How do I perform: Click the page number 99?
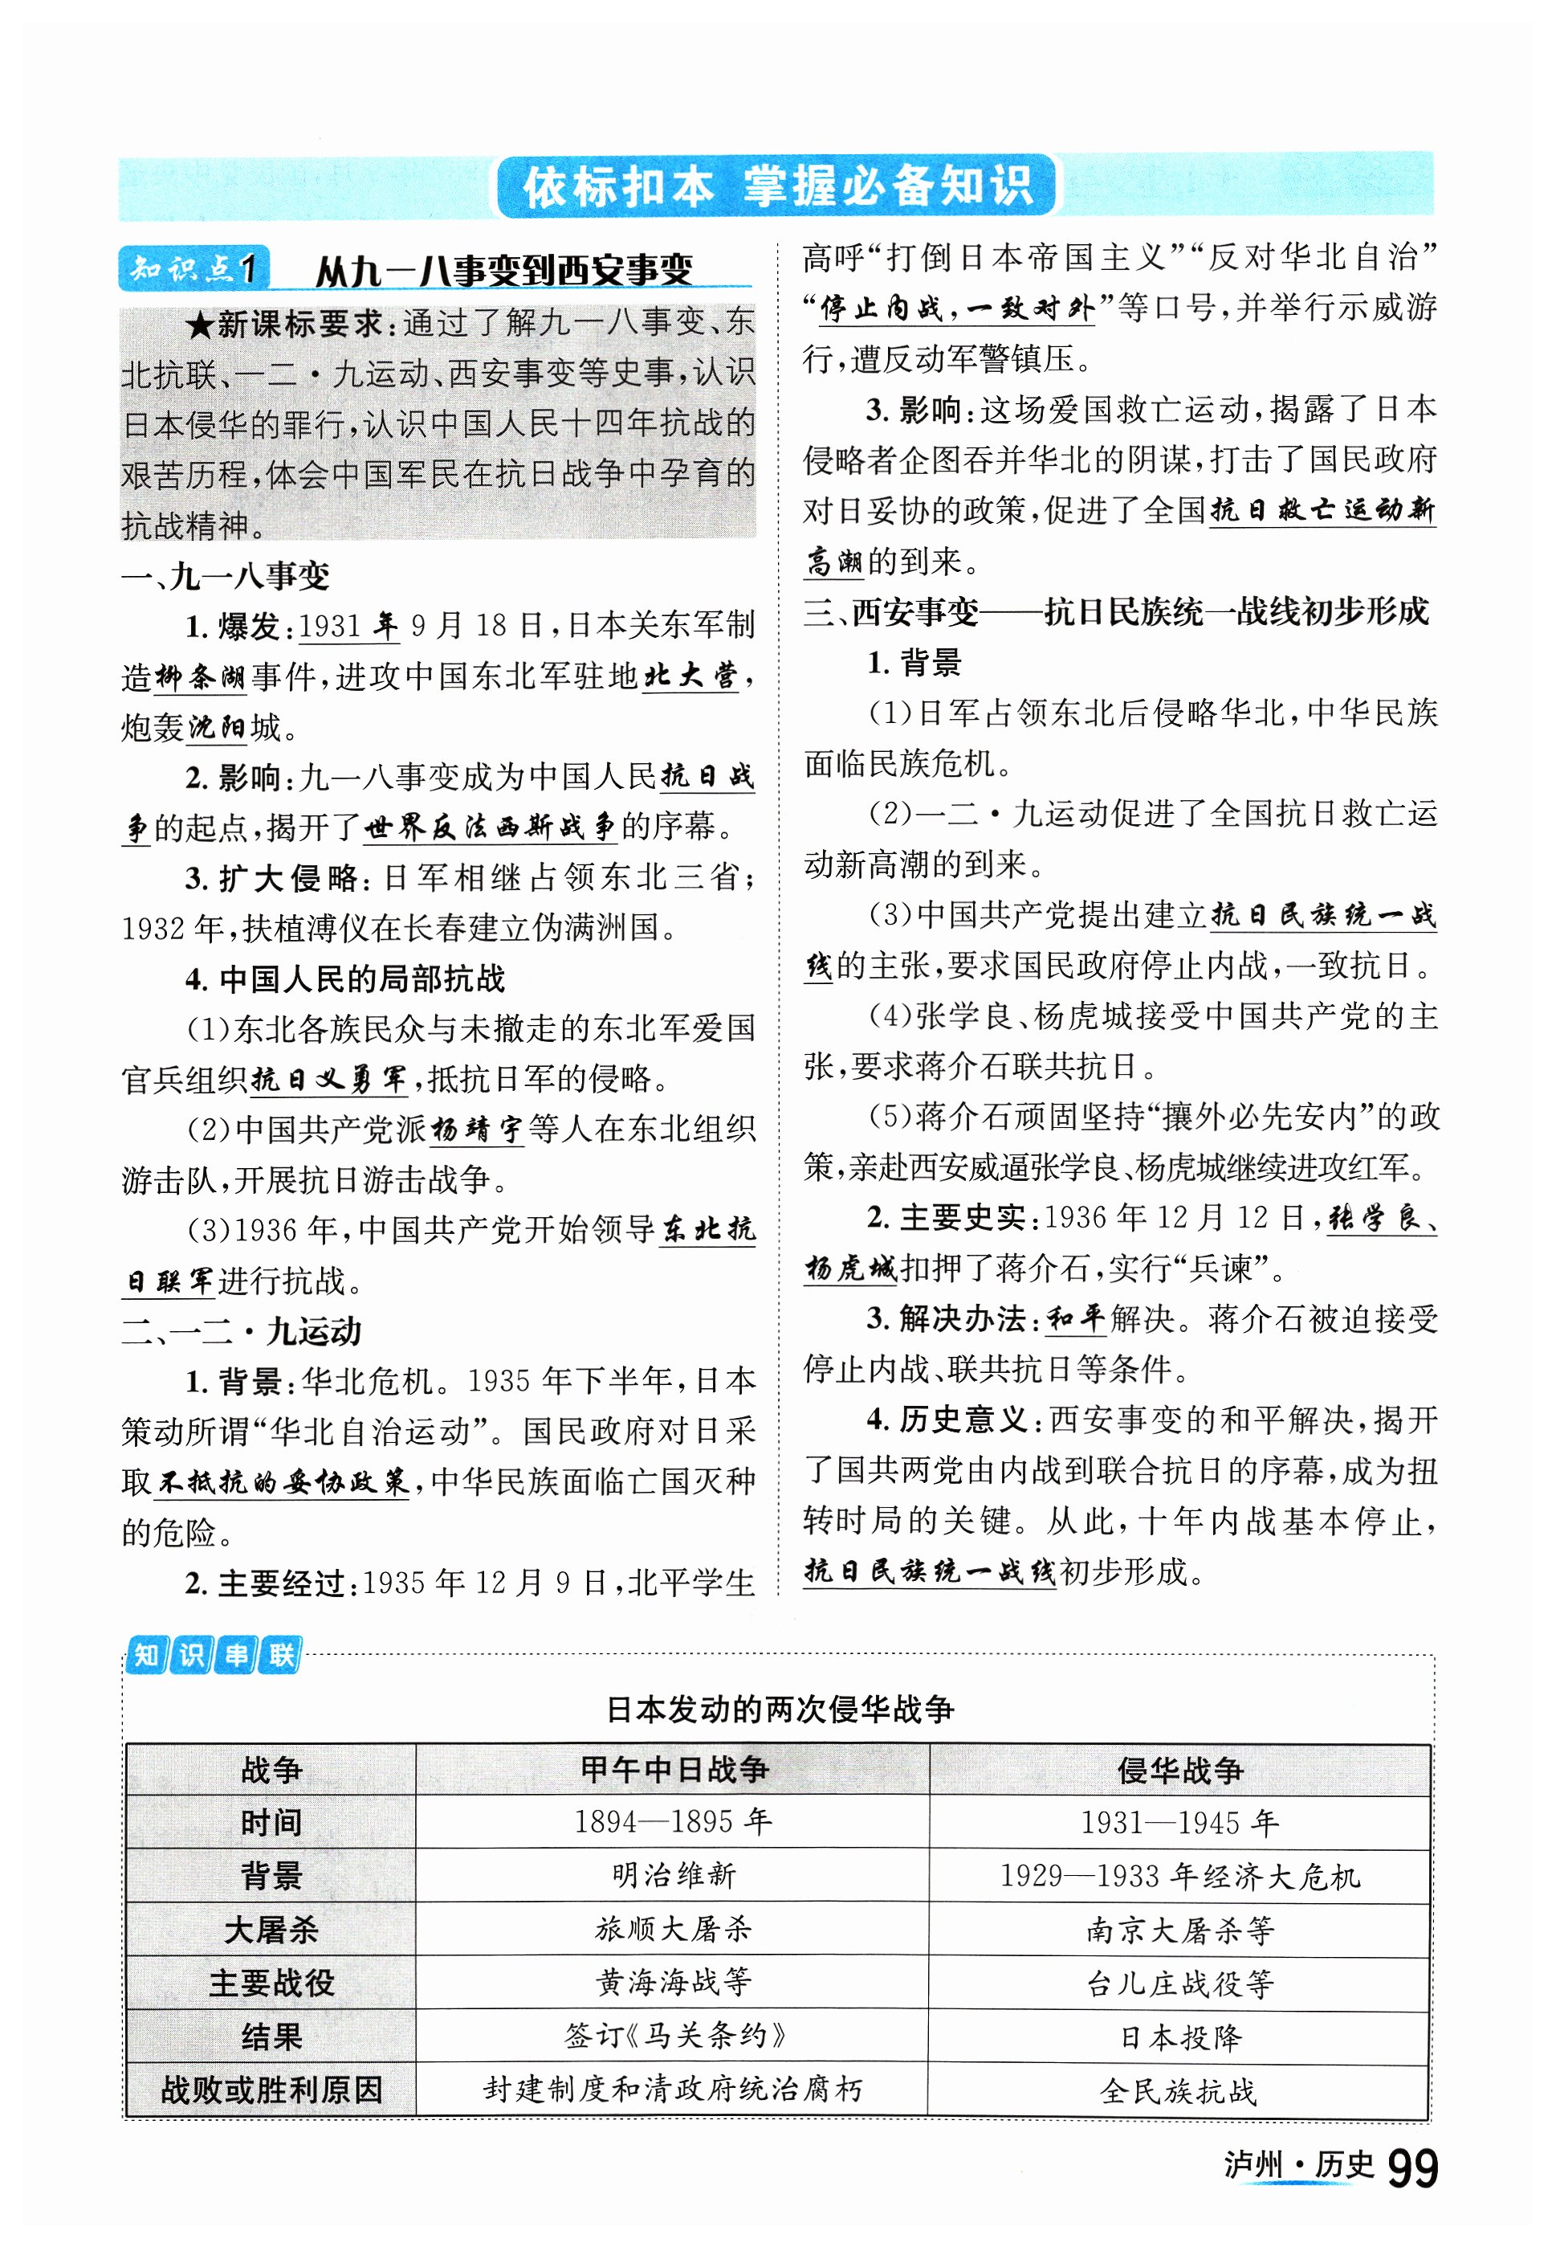(x=1411, y=2168)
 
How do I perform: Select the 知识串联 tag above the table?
(x=214, y=1655)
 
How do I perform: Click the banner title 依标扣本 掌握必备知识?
(x=776, y=186)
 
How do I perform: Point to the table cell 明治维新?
(x=673, y=1874)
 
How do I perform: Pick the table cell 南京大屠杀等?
(x=1179, y=1928)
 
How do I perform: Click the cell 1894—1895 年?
(x=673, y=1820)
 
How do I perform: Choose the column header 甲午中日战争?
(x=673, y=1769)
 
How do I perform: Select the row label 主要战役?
(x=271, y=1982)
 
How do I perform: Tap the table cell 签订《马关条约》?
(x=673, y=2036)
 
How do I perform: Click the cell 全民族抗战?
(x=1179, y=2090)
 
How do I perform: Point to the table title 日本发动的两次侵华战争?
(x=779, y=1709)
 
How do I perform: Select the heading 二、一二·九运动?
(x=241, y=1331)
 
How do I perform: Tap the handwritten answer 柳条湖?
(x=200, y=676)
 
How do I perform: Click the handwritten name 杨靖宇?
(x=477, y=1130)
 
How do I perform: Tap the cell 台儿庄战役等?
(x=1179, y=1982)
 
